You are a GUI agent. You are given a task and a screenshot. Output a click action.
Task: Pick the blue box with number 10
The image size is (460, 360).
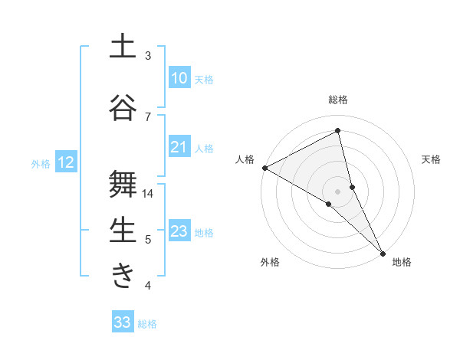(179, 78)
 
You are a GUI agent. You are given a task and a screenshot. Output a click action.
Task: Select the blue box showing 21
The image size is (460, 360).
(179, 147)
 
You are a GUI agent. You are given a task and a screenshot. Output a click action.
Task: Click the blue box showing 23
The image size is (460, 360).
(179, 231)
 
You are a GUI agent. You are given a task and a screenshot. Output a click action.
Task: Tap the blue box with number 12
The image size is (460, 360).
(66, 162)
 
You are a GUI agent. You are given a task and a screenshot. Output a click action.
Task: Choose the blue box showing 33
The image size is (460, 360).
(123, 322)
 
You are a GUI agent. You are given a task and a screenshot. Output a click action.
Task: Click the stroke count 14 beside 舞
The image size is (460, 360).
(148, 194)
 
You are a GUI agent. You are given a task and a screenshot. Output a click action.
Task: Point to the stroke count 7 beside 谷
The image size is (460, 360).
(148, 116)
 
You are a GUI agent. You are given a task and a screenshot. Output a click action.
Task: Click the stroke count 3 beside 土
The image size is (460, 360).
(148, 56)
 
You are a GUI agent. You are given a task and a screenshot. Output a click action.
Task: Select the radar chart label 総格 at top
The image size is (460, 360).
(338, 100)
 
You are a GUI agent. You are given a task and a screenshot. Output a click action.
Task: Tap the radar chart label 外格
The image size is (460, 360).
(270, 262)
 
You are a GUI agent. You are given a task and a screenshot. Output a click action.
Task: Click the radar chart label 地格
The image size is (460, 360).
(402, 262)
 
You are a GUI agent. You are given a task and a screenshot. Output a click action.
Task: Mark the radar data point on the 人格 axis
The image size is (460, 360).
(264, 167)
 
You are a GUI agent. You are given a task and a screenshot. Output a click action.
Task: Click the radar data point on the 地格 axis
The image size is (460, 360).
(383, 252)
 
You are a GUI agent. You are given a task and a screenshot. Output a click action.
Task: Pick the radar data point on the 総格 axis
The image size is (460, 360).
(338, 131)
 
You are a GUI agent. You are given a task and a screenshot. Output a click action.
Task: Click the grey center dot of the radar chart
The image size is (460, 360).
(338, 191)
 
